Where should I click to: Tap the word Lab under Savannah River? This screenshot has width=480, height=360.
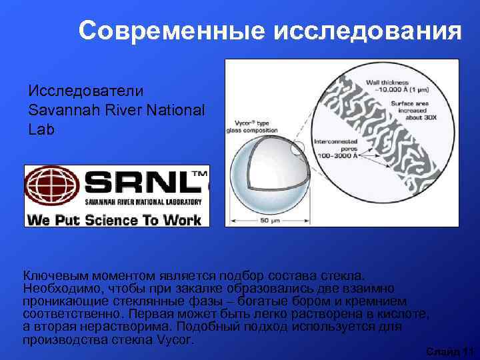point(41,129)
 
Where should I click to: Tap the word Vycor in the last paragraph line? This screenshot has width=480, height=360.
point(175,339)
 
